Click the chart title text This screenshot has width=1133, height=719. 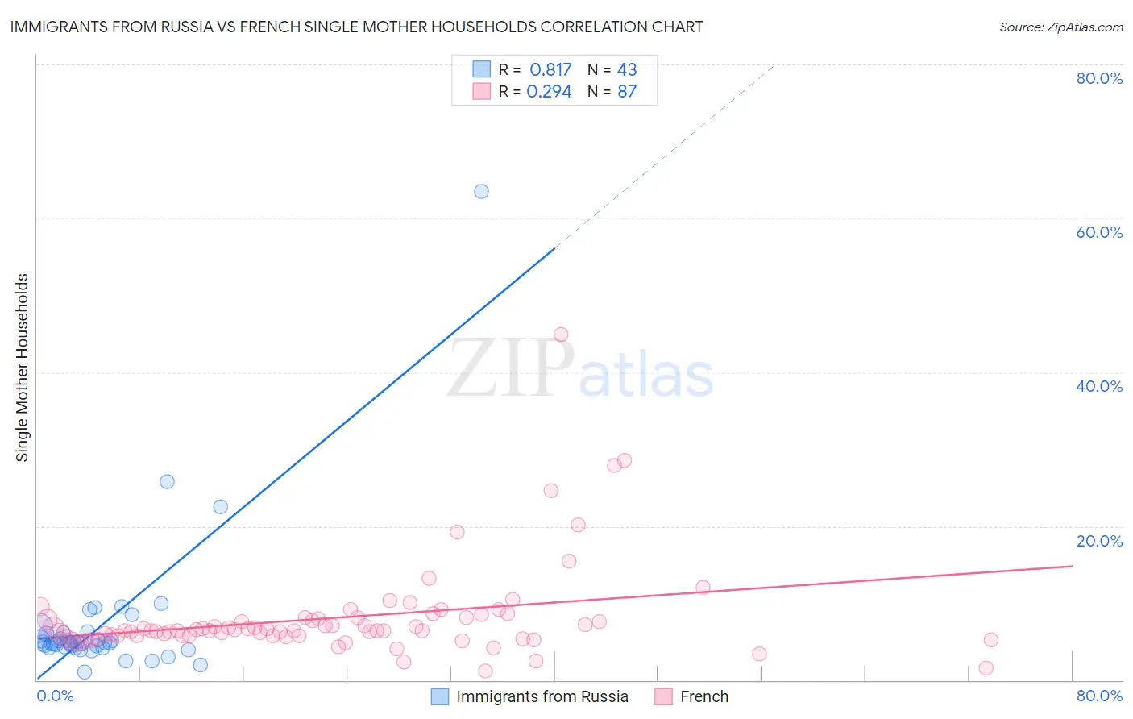356,27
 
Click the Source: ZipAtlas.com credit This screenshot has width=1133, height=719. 1060,27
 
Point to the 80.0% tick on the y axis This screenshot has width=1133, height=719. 1099,78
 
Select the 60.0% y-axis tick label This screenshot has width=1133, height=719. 1099,232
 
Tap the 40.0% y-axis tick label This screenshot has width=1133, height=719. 1099,386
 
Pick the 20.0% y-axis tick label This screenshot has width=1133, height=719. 1099,541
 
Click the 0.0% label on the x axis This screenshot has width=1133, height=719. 55,696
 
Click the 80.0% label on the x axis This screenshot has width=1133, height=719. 1099,696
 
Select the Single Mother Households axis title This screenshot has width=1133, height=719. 22,368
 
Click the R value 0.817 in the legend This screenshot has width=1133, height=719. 550,70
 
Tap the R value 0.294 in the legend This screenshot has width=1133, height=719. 549,92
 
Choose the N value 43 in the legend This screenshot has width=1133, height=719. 627,70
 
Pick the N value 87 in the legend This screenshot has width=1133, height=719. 627,92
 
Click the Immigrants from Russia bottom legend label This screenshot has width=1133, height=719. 542,696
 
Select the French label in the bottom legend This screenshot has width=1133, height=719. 704,696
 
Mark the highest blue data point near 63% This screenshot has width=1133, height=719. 481,191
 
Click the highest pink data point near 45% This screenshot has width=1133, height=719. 561,335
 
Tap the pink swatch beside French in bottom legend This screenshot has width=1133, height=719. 663,696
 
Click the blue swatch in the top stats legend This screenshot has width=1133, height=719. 481,69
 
